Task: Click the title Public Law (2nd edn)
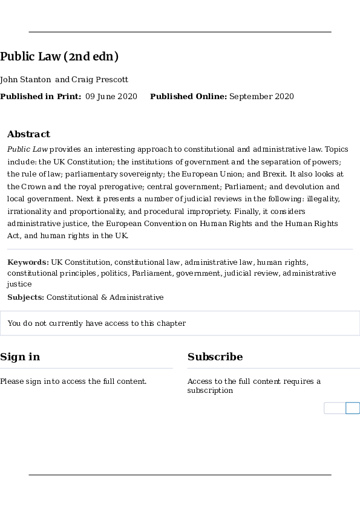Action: pos(59,57)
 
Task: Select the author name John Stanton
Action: pos(25,80)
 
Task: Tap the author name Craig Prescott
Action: pos(100,80)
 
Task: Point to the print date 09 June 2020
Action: pos(111,97)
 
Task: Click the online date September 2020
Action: pos(261,97)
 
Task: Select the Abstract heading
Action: pos(28,134)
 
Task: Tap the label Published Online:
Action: pos(188,97)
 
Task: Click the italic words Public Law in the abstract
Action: pos(27,149)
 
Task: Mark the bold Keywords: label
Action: pos(28,262)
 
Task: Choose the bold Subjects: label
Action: pos(25,297)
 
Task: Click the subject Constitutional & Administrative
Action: pos(105,297)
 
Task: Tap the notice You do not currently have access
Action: pos(96,323)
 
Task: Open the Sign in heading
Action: pos(20,357)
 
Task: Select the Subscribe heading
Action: pos(215,357)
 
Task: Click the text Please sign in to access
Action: pos(73,381)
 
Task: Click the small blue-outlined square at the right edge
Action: pos(353,408)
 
